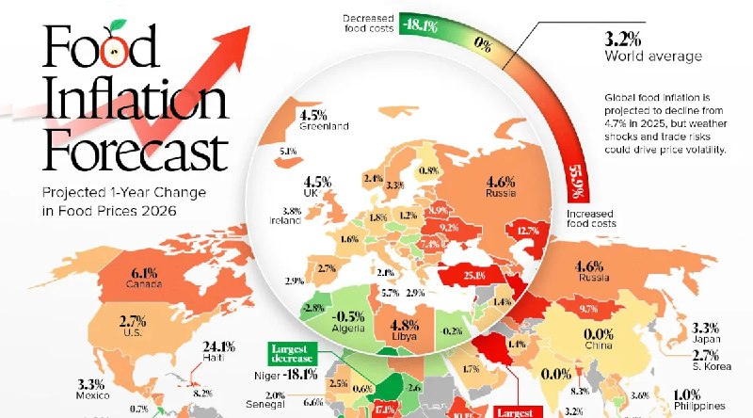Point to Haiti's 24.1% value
219,345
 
